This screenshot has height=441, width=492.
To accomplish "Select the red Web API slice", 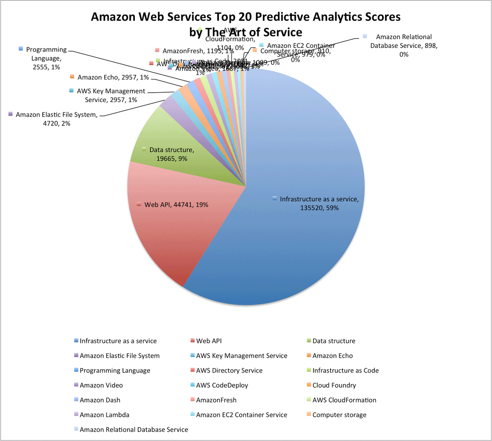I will [164, 230].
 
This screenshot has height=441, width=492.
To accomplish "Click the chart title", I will [246, 24].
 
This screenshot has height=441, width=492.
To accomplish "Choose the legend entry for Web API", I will [208, 341].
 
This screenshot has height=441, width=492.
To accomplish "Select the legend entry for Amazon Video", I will [101, 385].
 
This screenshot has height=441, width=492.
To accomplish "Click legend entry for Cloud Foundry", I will [334, 385].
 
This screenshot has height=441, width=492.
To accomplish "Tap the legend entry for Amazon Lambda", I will [104, 415].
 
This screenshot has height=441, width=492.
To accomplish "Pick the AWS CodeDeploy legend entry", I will [221, 385].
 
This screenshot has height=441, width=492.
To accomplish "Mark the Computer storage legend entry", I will [339, 415].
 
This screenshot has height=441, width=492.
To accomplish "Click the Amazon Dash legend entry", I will [100, 400].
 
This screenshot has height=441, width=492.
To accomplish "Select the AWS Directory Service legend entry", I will [229, 371].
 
